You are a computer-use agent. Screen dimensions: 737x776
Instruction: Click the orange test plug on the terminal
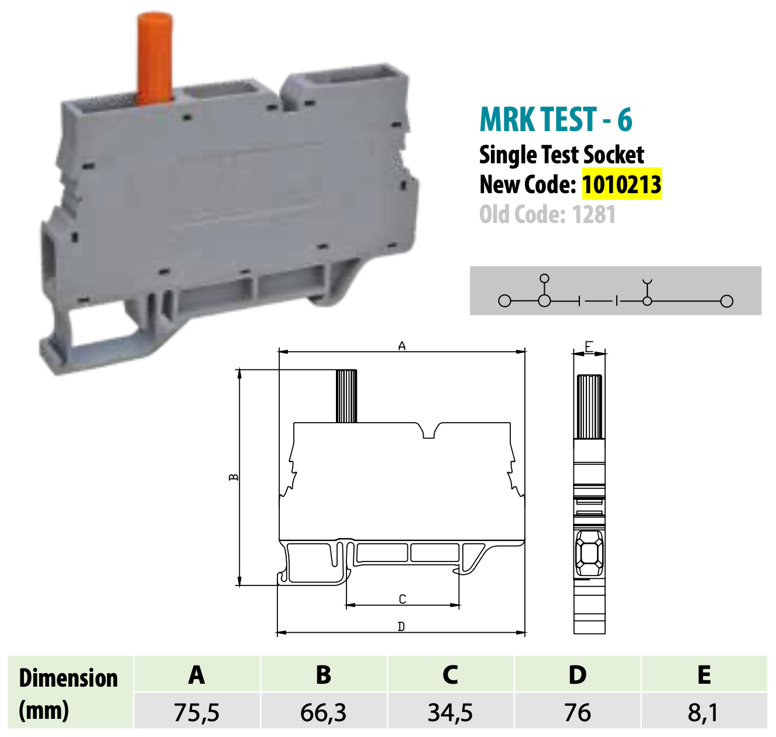tap(155, 59)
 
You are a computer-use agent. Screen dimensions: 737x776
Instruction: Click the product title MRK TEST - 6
tap(555, 119)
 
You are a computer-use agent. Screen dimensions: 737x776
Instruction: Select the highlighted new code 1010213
tap(622, 184)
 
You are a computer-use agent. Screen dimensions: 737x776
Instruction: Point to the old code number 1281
tap(593, 215)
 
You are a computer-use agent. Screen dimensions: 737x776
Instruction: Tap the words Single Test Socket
tap(561, 155)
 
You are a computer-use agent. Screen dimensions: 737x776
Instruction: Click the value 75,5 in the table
tap(197, 712)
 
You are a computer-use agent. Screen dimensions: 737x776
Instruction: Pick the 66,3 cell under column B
tap(323, 712)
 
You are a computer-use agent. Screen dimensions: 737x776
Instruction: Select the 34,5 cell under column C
tap(450, 712)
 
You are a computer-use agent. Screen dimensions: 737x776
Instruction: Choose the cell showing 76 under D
tap(577, 712)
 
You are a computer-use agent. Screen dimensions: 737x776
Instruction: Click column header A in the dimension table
tap(197, 675)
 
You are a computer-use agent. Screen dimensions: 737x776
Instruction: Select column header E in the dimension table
tap(704, 675)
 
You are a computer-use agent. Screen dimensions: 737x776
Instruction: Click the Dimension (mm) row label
tap(68, 694)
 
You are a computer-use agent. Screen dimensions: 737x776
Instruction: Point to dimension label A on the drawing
tap(402, 347)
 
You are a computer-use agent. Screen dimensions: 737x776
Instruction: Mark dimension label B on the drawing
tap(234, 478)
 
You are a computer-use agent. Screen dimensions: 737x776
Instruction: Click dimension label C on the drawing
tap(402, 599)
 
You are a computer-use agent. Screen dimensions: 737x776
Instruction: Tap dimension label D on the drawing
tap(401, 627)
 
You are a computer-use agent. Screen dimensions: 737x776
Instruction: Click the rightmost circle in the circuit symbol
tap(726, 301)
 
